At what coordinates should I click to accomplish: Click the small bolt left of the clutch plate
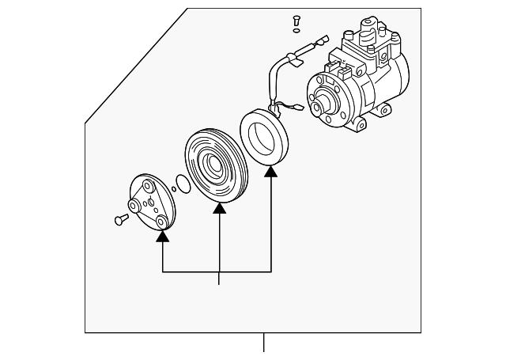[121, 218]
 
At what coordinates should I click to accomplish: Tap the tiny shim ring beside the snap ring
[172, 190]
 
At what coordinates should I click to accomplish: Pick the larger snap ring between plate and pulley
[182, 184]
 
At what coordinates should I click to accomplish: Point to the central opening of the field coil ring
[264, 138]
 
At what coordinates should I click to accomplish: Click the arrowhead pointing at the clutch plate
[163, 235]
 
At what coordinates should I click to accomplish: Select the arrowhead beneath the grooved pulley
[219, 208]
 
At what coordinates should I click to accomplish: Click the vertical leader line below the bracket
[219, 278]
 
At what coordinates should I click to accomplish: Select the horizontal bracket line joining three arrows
[217, 271]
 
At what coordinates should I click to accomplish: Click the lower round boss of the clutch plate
[161, 222]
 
